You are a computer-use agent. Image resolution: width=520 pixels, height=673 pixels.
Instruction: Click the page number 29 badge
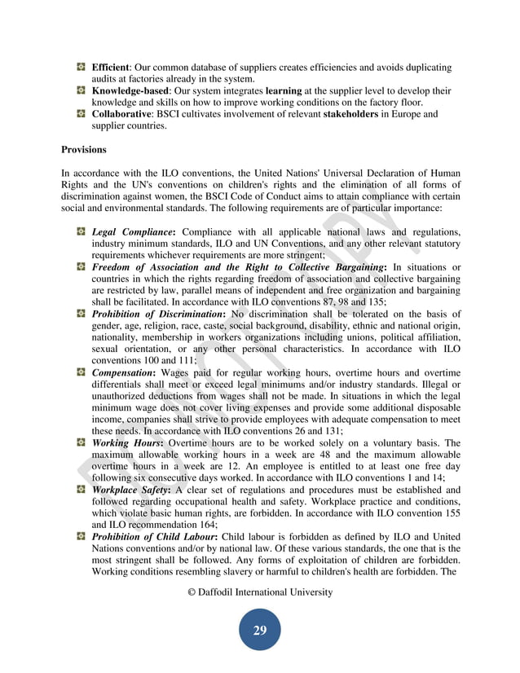coord(260,630)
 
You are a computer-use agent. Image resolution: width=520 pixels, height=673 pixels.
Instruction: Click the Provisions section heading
coord(85,150)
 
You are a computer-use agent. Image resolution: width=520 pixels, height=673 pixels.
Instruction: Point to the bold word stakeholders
coord(346,114)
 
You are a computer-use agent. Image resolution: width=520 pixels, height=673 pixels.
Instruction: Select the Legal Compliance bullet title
coord(134,231)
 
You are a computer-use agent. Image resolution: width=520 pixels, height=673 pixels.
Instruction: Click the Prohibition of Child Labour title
coord(155,538)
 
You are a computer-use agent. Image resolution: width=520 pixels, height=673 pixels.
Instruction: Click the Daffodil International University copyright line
coord(260,592)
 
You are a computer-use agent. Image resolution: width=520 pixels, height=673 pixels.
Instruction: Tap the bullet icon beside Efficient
coord(82,67)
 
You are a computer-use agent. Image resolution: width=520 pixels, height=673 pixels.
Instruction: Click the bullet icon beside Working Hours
coord(82,443)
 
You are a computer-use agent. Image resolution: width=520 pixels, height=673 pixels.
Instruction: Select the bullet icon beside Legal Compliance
coord(82,231)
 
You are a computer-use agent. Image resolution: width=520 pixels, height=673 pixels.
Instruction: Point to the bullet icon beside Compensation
coord(82,372)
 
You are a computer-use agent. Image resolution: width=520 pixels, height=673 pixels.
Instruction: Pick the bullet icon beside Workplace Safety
coord(82,490)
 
